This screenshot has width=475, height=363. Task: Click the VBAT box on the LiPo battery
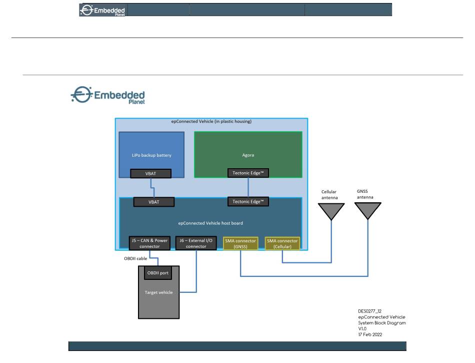click(x=150, y=173)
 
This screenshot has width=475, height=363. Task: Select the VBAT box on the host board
click(x=154, y=202)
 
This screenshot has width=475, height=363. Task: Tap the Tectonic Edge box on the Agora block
click(x=248, y=173)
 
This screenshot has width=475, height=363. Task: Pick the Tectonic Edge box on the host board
click(x=248, y=202)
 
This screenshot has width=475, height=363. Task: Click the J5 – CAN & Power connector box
click(x=149, y=243)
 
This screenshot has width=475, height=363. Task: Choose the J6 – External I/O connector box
click(x=196, y=243)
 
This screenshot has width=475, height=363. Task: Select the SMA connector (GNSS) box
click(x=240, y=243)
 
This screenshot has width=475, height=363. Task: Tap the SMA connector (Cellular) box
click(x=282, y=243)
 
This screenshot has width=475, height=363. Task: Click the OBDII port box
click(x=158, y=273)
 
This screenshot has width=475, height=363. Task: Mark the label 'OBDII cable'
click(x=135, y=258)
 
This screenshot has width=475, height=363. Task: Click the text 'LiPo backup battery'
click(x=151, y=155)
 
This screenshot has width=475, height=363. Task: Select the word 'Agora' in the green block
click(x=248, y=155)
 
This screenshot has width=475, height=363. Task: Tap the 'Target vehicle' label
click(x=158, y=292)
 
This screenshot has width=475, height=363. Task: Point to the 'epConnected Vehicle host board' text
click(x=210, y=223)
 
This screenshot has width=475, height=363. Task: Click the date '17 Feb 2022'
click(x=370, y=334)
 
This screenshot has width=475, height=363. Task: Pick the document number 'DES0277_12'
click(x=369, y=311)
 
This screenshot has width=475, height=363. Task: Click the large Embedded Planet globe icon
click(x=81, y=95)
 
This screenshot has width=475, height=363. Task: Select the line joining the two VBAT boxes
click(x=152, y=188)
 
